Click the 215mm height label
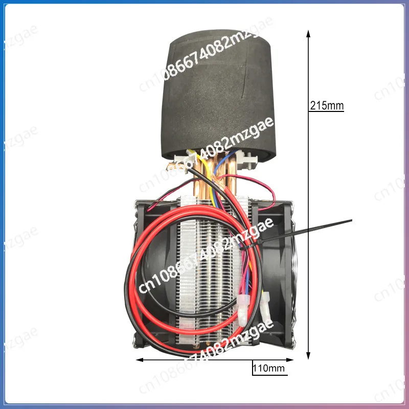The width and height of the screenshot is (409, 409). [x=327, y=106]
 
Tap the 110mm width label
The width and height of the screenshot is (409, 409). [x=268, y=368]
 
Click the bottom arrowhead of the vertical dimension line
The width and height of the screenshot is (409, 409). [x=308, y=355]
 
